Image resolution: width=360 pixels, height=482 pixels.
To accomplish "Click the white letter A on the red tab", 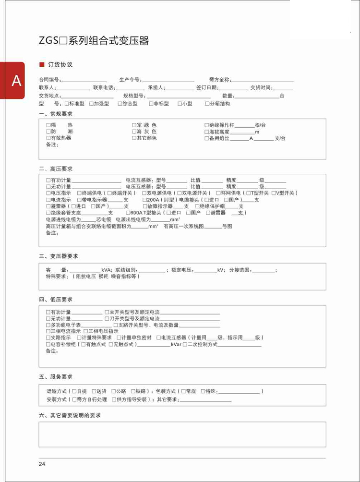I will pos(16,81).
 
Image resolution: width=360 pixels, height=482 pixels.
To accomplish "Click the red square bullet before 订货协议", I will pos(41,64).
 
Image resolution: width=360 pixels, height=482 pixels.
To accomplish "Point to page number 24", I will pos(42,464).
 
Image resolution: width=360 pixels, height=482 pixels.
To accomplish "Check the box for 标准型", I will pos(66,103).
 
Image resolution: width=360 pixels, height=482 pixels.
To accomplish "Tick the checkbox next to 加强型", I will pos(91,103).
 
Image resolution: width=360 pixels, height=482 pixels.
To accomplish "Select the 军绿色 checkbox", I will pos(134,125).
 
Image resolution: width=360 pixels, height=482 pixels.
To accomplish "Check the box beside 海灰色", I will pos(134,132).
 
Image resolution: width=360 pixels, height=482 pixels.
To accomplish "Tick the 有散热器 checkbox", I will pos(48,138).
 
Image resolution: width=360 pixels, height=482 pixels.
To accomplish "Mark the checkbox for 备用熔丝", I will pos(206,138).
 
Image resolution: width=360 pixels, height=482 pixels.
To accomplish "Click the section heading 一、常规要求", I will pos(56,114).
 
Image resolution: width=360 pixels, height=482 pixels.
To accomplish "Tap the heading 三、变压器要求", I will pos(59,256).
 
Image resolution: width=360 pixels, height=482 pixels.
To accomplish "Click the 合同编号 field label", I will pos(49,80).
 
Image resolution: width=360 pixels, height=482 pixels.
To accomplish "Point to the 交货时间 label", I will pos(261,87).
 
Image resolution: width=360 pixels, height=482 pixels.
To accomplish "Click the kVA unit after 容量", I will pos(107,270).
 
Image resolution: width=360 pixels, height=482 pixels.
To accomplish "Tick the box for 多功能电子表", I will pos(48,325).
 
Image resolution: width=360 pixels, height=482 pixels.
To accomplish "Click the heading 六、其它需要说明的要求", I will pos(70,414).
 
